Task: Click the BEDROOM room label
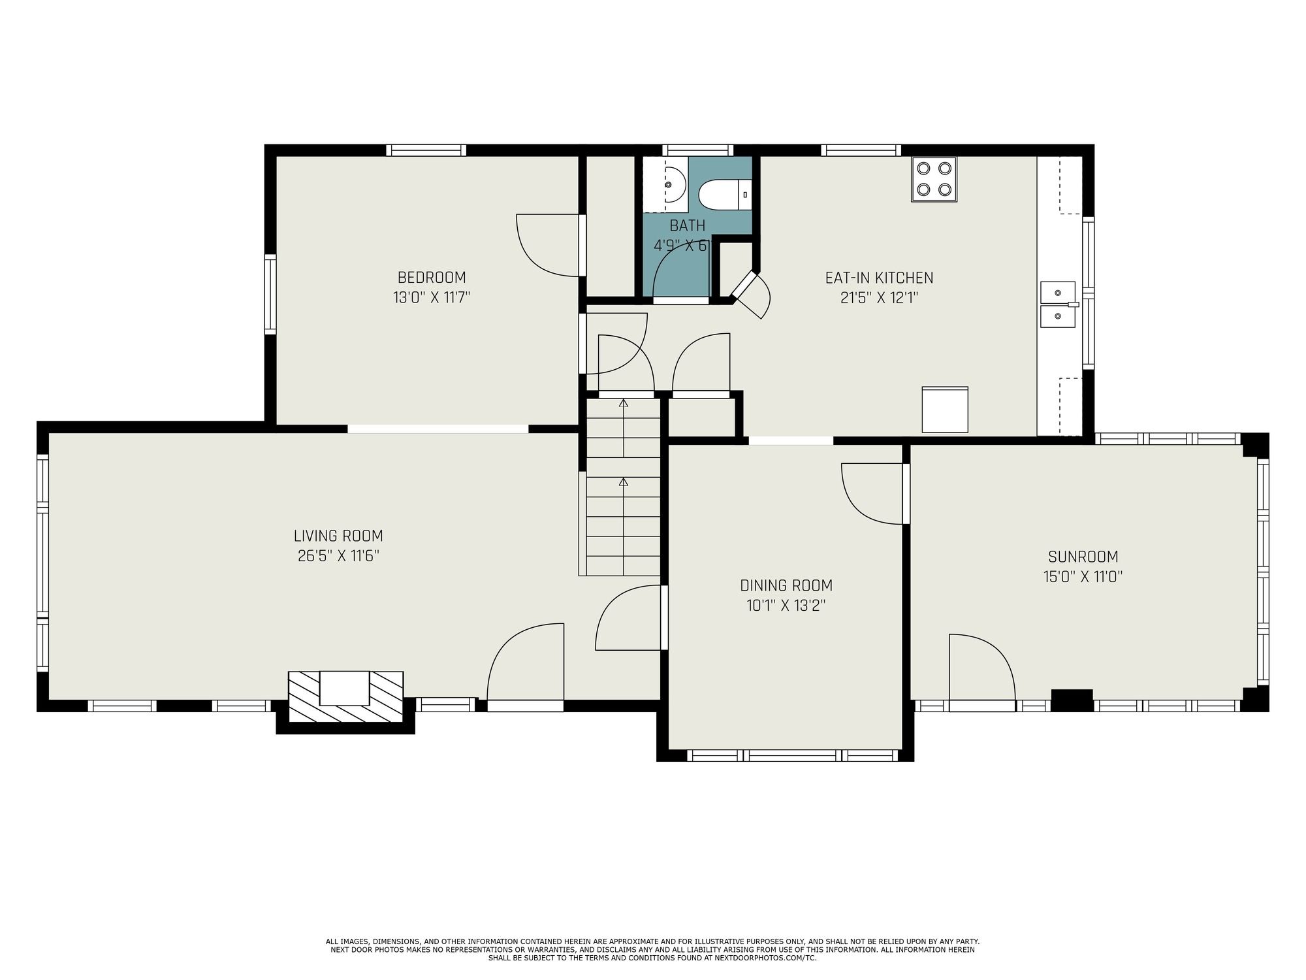coord(432,277)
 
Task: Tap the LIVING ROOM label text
coord(338,536)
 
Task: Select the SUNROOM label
coord(1083,557)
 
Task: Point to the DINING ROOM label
coord(786,585)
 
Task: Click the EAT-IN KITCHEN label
coord(879,278)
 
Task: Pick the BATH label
coord(688,225)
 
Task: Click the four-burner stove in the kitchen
coord(934,179)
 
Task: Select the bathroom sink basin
coord(671,184)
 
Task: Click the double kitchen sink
coord(1058,304)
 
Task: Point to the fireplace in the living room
coord(345,696)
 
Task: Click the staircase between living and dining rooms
coord(624,487)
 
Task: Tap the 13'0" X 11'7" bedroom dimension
coord(432,298)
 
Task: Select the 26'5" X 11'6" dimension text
coord(338,556)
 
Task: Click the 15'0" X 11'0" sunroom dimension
coord(1083,577)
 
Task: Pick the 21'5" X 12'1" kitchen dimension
coord(880,298)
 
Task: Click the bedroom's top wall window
coord(426,150)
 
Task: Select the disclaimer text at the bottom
coord(653,949)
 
